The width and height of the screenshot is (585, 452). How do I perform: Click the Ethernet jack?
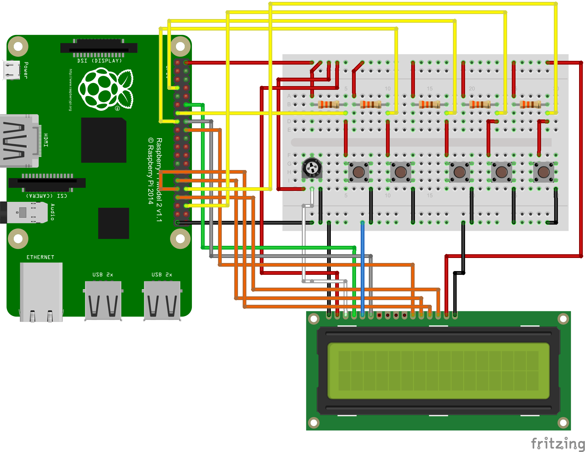click(41, 292)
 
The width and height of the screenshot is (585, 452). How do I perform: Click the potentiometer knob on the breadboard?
click(312, 168)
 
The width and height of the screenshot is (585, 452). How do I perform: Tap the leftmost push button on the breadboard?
click(359, 172)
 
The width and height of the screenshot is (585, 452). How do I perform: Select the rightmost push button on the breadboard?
click(544, 172)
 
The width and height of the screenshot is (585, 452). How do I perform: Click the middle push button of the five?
click(459, 172)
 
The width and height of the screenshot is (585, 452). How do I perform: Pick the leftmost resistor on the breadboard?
click(329, 104)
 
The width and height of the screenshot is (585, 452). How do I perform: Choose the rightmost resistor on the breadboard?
click(530, 104)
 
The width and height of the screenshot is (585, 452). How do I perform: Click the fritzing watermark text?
click(557, 443)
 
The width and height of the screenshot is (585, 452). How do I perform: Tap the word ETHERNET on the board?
click(40, 257)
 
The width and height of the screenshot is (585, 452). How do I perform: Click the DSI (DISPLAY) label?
click(99, 61)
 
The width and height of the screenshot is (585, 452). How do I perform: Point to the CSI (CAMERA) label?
click(46, 196)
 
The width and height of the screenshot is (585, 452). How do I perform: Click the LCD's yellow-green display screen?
click(438, 371)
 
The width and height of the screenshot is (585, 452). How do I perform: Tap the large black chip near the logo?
click(104, 140)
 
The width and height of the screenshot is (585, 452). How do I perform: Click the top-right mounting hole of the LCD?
click(563, 319)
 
